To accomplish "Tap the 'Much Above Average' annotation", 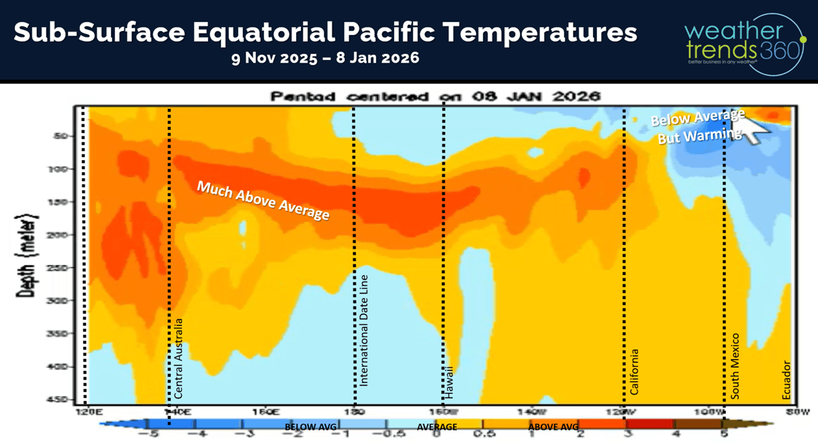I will pyautogui.click(x=263, y=200).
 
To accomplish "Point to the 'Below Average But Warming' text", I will pyautogui.click(x=698, y=126).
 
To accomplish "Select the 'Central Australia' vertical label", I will pyautogui.click(x=179, y=358).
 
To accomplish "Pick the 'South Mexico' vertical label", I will pyautogui.click(x=735, y=366).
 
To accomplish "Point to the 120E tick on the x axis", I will pyautogui.click(x=85, y=411).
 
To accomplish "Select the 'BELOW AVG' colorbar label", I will pyautogui.click(x=310, y=427).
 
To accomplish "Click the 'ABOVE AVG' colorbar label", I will pyautogui.click(x=553, y=427).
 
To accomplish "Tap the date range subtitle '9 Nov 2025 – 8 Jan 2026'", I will pyautogui.click(x=326, y=58).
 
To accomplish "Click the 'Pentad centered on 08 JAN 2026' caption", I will pyautogui.click(x=435, y=96).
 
